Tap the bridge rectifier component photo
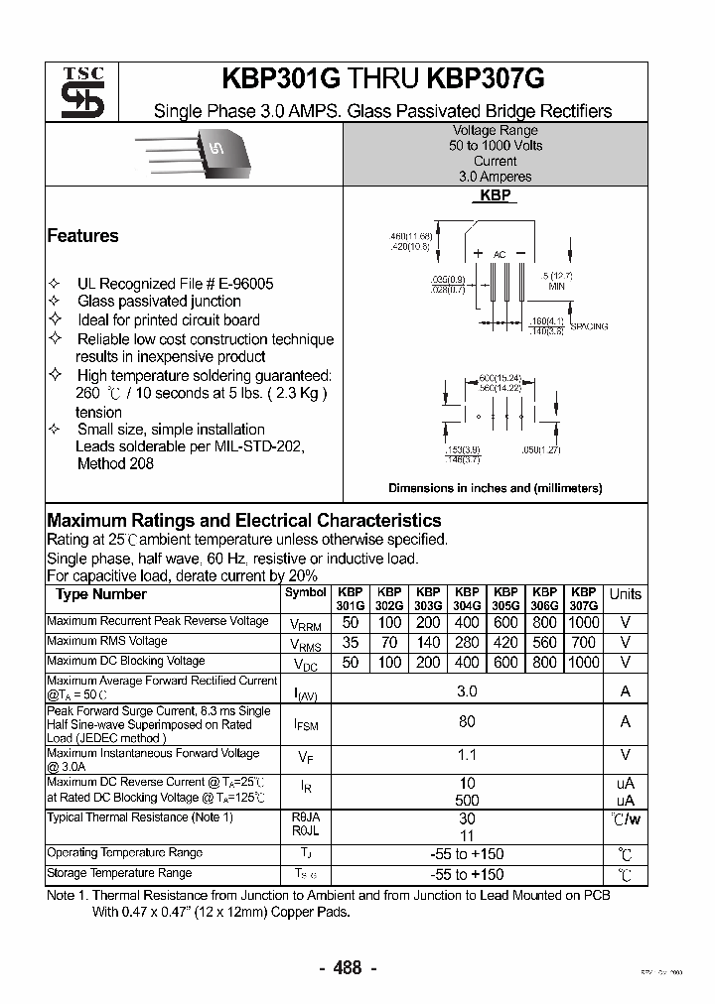click(200, 152)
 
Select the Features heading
click(82, 236)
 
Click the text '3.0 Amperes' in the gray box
click(495, 176)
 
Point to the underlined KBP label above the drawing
click(495, 195)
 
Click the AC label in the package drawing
click(500, 255)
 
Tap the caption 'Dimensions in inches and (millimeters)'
click(495, 488)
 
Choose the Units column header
click(625, 594)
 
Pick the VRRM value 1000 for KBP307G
click(584, 622)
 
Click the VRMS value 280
click(467, 642)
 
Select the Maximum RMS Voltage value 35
click(350, 642)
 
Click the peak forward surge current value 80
click(467, 721)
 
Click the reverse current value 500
click(467, 800)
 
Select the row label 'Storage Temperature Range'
click(119, 873)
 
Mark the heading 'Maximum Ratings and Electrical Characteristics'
click(244, 521)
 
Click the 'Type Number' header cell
click(100, 594)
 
